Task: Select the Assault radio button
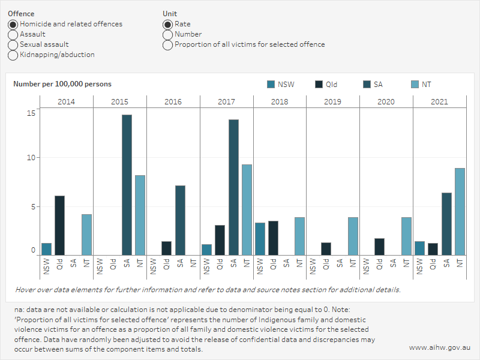click(x=13, y=35)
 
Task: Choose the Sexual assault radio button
click(x=13, y=45)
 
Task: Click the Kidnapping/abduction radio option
click(x=13, y=55)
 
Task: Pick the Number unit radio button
click(x=167, y=35)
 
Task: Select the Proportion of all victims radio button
click(x=167, y=45)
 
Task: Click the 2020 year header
click(x=386, y=101)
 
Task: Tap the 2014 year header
click(x=66, y=101)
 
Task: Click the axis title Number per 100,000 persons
click(x=62, y=85)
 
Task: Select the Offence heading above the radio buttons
click(x=21, y=14)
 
